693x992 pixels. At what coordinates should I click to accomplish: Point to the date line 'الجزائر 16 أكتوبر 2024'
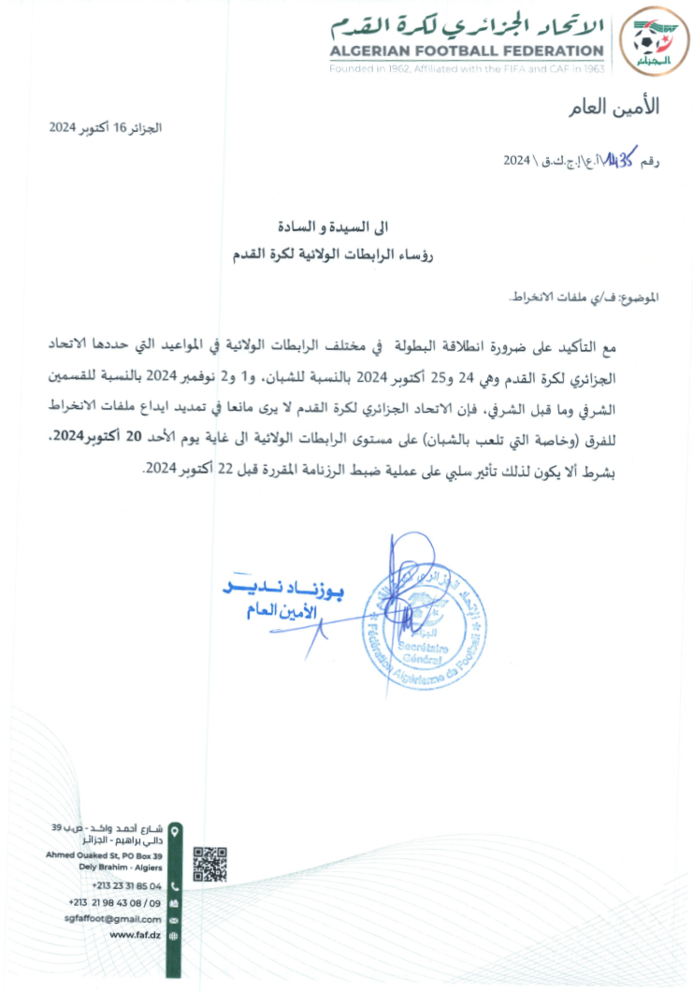pos(106,126)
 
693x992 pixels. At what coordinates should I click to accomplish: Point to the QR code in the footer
pos(210,863)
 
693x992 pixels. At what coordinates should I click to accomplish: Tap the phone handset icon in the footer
pos(174,885)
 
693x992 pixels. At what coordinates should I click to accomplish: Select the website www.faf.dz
pos(135,935)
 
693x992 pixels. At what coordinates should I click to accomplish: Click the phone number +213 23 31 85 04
pos(126,885)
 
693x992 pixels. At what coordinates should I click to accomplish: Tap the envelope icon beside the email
pos(174,920)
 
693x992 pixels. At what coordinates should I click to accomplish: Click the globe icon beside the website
pos(174,935)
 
